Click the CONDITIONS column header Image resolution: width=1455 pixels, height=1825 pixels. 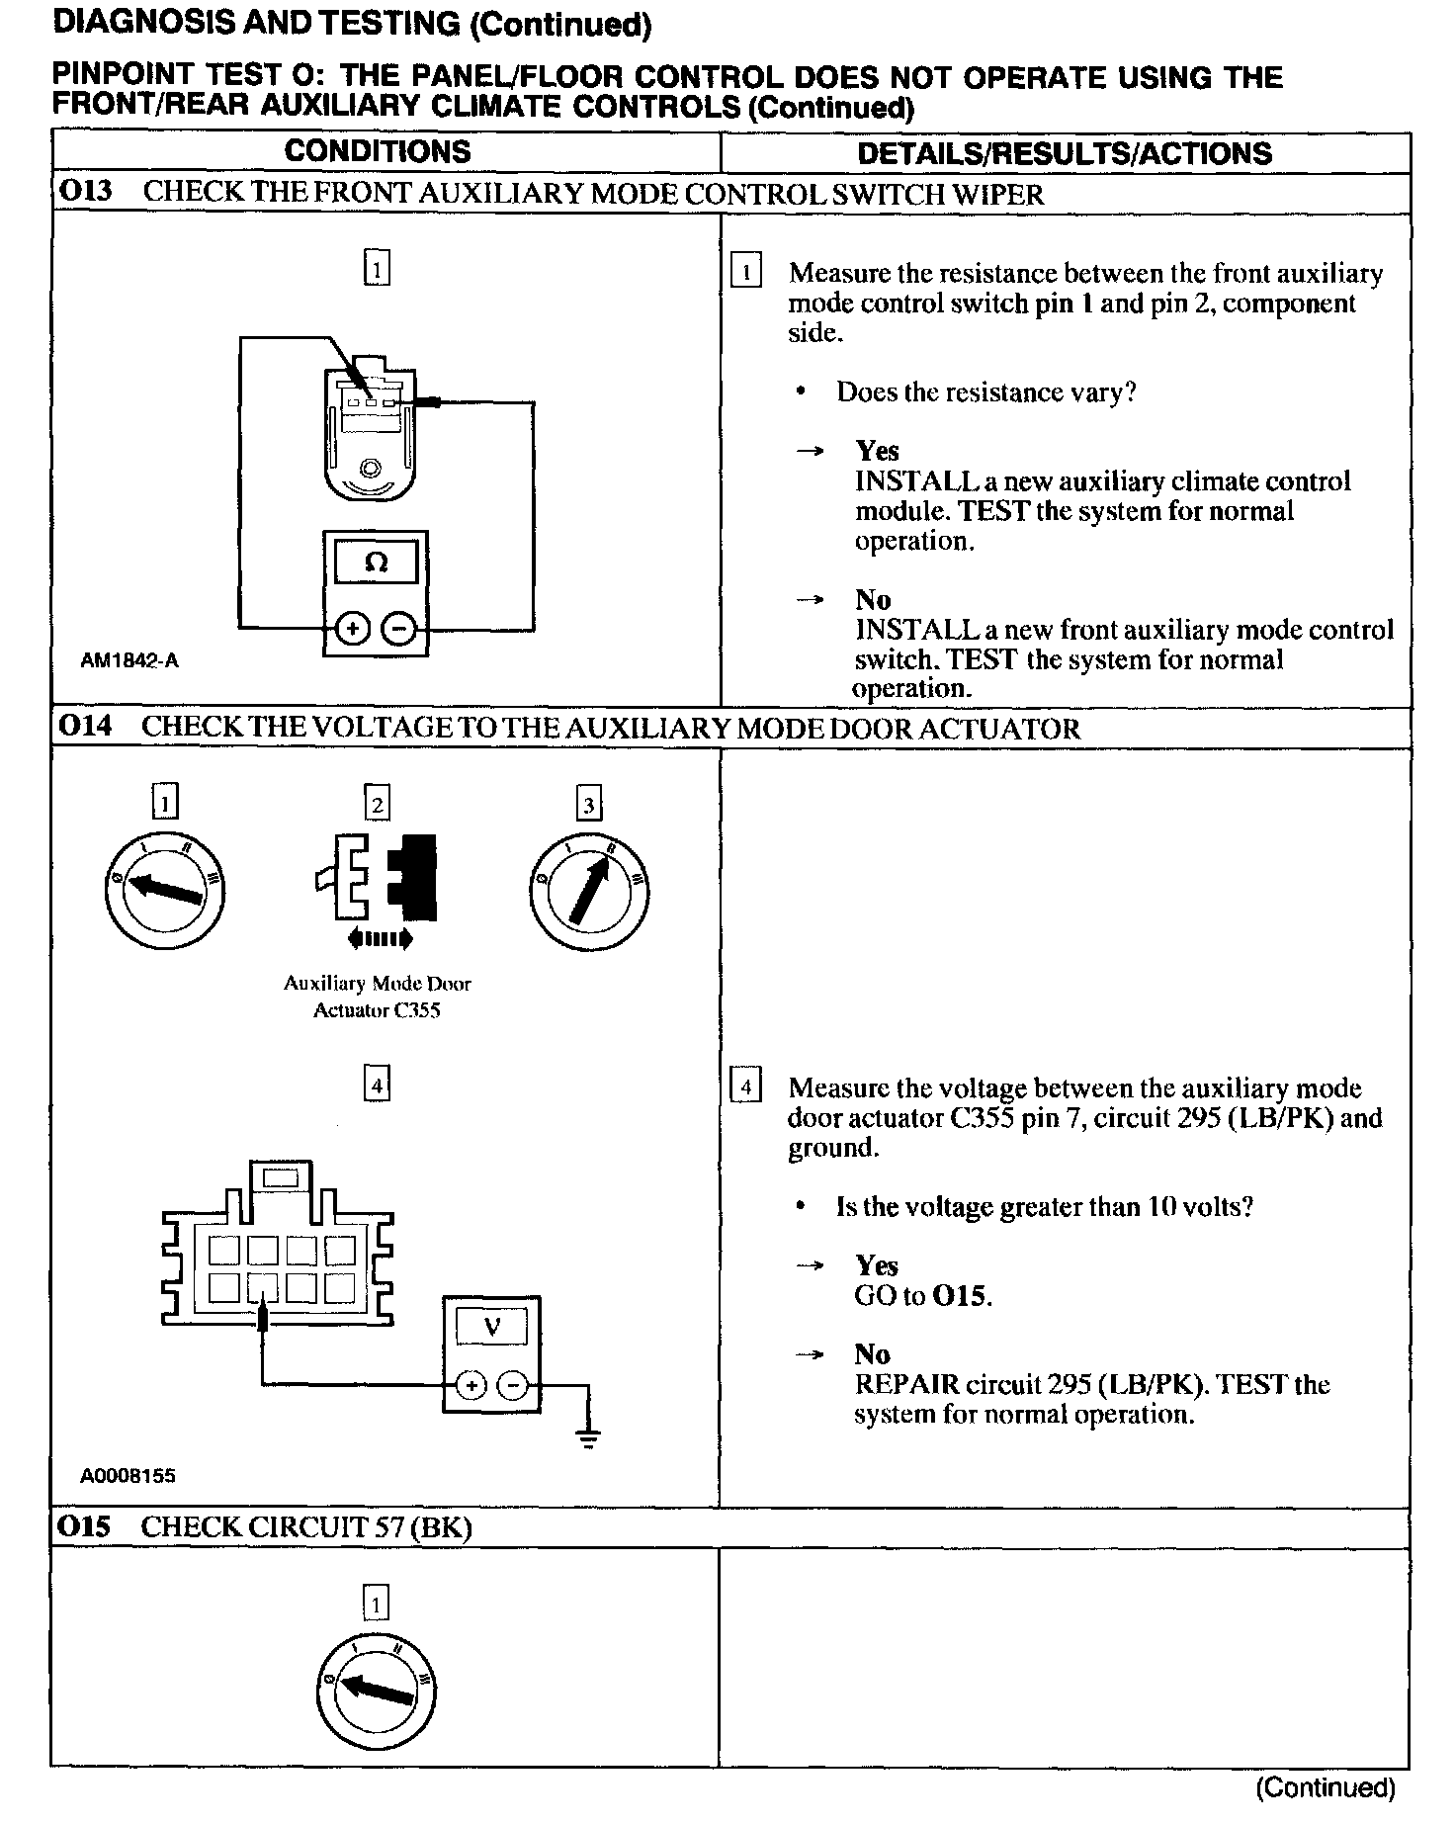click(378, 151)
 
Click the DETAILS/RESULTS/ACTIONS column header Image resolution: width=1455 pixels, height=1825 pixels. click(1065, 153)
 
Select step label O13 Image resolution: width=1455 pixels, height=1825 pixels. click(86, 192)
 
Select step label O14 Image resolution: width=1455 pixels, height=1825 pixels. click(85, 727)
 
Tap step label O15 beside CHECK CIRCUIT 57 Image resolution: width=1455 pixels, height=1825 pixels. click(85, 1526)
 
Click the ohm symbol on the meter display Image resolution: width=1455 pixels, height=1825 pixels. click(376, 563)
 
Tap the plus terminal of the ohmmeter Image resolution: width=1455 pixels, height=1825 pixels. click(353, 628)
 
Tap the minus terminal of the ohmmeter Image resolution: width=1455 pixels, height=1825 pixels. click(398, 628)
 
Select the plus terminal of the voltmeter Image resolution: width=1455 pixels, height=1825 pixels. click(471, 1385)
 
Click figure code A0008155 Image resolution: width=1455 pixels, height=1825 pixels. click(128, 1476)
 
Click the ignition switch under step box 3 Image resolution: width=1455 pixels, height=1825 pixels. click(589, 892)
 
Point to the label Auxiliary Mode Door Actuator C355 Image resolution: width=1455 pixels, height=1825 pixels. click(377, 997)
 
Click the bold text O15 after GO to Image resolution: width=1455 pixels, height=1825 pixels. click(960, 1295)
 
